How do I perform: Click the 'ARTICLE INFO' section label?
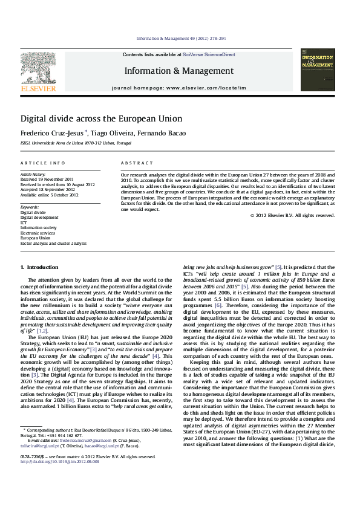(x=43, y=163)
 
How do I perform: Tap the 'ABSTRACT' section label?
(x=136, y=163)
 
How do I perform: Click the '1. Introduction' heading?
(x=39, y=267)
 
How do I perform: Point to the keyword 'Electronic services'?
(x=38, y=233)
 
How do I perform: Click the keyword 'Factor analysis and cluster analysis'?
(x=53, y=243)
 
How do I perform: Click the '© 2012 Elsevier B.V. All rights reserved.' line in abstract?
(x=292, y=215)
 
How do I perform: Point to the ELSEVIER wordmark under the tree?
(x=38, y=88)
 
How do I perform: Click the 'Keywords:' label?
(x=30, y=207)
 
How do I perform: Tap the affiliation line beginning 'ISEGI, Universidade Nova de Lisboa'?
(x=76, y=143)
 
